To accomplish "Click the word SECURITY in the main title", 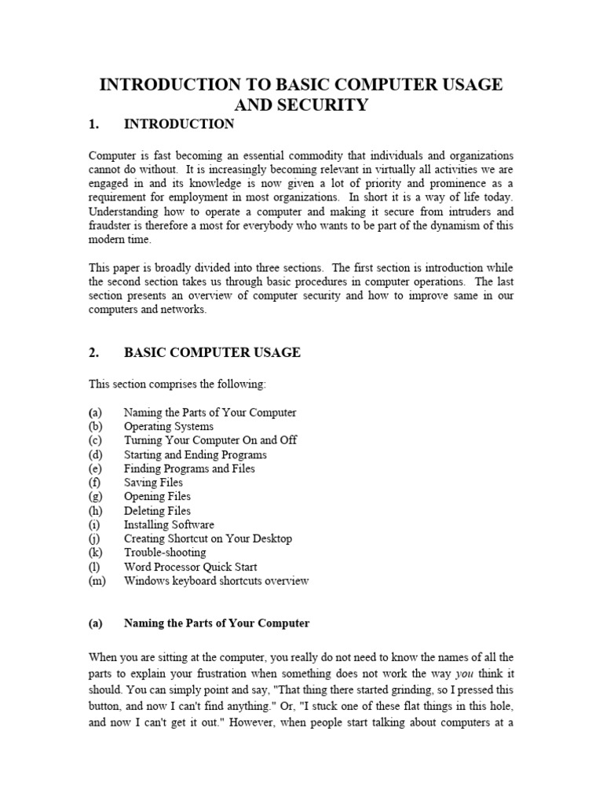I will (319, 105).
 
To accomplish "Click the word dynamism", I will (463, 226).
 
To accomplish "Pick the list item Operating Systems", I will (168, 426).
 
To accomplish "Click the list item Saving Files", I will (153, 483).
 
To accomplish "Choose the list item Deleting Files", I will (157, 511).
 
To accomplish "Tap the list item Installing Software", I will (169, 525).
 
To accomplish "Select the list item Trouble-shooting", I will (165, 553).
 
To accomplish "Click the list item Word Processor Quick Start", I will (190, 567).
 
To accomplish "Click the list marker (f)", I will (95, 483).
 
